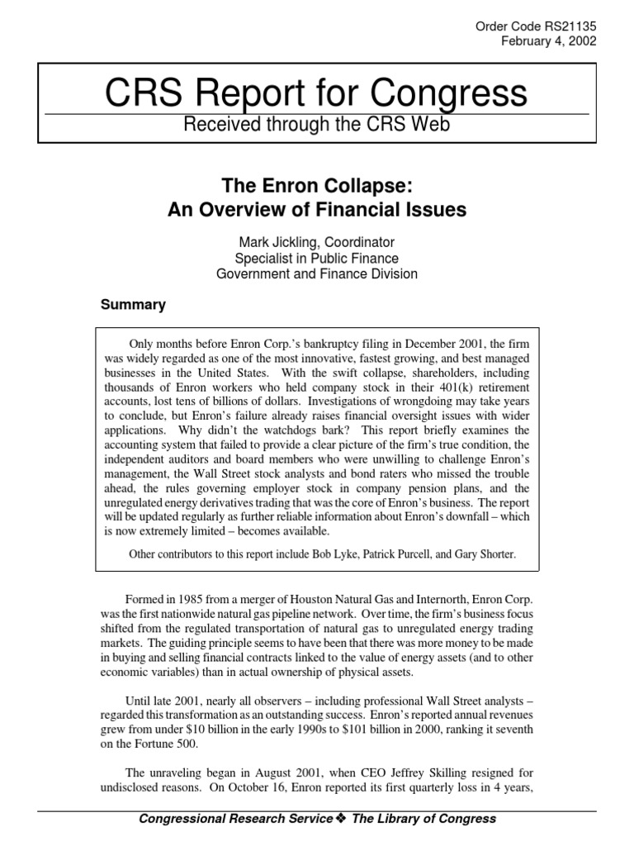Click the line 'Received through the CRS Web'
click(316, 124)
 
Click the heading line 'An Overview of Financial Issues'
click(316, 210)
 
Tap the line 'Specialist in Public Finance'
click(316, 258)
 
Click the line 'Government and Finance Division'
click(316, 273)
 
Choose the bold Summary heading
click(133, 305)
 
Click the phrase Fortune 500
click(154, 744)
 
